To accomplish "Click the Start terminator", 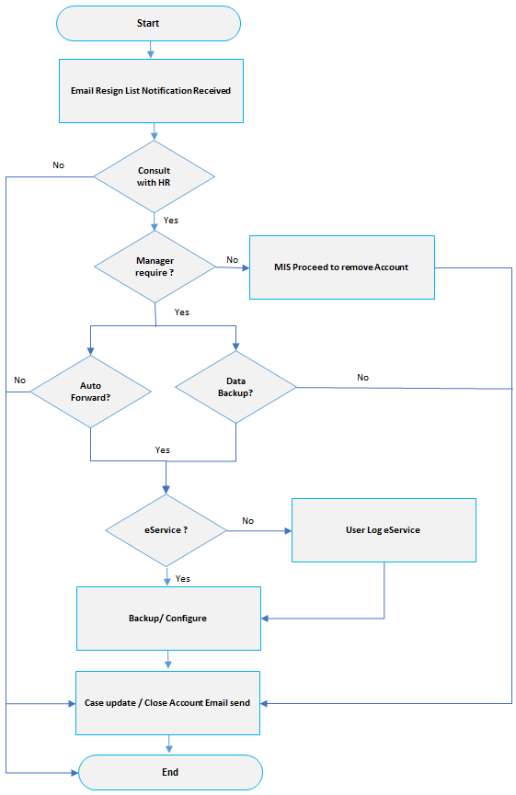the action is (148, 23).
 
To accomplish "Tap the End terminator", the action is (170, 772).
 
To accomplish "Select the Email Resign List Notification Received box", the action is (151, 91).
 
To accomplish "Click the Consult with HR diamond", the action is (155, 176).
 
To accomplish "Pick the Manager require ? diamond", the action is (155, 267).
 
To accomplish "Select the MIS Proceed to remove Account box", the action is (342, 267).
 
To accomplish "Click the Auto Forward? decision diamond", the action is (91, 392).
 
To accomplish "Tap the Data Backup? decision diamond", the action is (236, 387).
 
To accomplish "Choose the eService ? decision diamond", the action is (166, 530).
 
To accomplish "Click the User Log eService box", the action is (384, 530).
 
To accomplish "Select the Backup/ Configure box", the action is (168, 619).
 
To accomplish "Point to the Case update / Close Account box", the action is (167, 703).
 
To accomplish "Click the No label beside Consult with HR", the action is (58, 165).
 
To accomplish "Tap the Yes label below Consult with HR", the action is (171, 221).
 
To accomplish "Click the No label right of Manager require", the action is (233, 260).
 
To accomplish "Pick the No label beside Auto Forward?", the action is (20, 380).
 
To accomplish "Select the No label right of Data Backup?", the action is (362, 378).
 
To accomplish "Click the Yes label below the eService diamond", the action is (183, 579).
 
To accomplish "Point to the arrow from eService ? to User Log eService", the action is (259, 531).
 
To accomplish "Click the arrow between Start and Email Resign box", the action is (150, 50).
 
